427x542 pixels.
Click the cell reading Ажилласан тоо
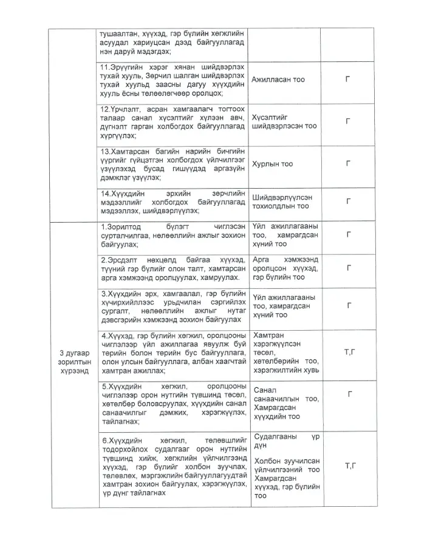[x=278, y=80]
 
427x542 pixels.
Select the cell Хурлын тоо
[x=272, y=164]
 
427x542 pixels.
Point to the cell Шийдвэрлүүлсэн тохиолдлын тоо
[x=283, y=202]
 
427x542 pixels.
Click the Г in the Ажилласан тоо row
[x=348, y=80]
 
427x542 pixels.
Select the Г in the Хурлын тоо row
[x=348, y=164]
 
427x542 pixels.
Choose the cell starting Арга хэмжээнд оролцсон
[x=284, y=268]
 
